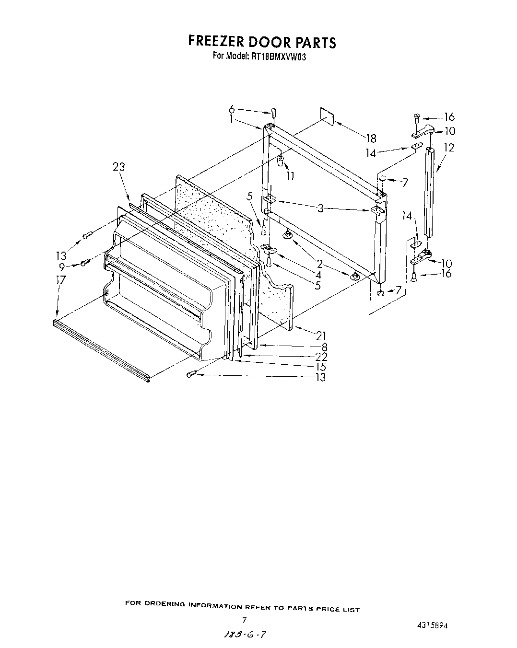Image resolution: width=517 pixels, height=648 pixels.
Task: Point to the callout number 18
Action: pos(370,139)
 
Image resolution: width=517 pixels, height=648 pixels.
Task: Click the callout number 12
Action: pos(448,148)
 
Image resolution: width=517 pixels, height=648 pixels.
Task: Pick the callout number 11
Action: pos(290,176)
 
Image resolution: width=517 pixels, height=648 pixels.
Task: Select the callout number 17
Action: pos(60,279)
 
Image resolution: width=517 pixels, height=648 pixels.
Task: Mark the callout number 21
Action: pos(320,335)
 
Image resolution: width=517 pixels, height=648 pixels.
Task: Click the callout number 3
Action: pos(321,208)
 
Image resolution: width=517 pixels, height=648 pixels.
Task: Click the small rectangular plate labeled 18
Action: pos(326,116)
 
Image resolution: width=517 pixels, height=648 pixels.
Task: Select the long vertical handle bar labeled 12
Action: pos(430,192)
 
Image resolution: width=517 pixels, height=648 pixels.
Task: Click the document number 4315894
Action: pos(433,625)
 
